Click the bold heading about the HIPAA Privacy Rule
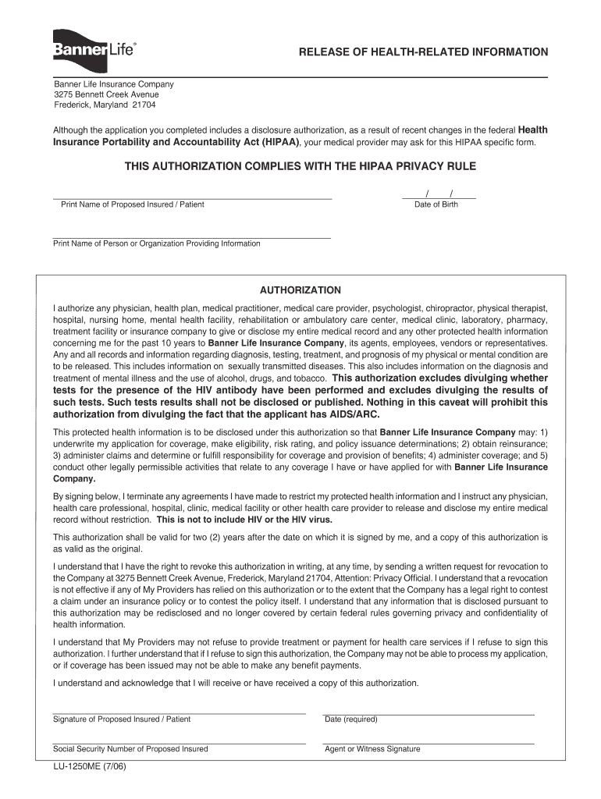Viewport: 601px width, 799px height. (x=300, y=167)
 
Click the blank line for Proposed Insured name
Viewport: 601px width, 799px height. (x=192, y=196)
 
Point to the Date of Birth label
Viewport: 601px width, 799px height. (x=436, y=204)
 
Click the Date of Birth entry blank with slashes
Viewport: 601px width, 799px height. (x=439, y=194)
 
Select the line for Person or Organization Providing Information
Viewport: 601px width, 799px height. (x=191, y=236)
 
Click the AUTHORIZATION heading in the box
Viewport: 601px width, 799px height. (x=300, y=290)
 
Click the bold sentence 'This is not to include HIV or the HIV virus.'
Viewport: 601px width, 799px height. (x=244, y=520)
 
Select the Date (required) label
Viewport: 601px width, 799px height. (x=351, y=719)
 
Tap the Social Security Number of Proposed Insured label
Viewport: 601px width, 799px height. (x=130, y=749)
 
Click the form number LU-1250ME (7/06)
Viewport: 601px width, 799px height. (x=90, y=766)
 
